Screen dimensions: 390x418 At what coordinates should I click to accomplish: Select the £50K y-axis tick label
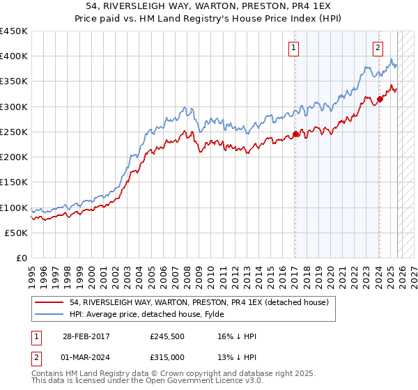tap(17, 233)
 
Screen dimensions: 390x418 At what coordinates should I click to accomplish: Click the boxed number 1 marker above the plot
tap(294, 48)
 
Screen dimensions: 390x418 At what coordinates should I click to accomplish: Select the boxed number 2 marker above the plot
tap(378, 48)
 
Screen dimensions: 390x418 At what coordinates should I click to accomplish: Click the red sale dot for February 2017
tap(295, 134)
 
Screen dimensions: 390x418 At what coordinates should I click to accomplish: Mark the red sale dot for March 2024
tap(380, 99)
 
